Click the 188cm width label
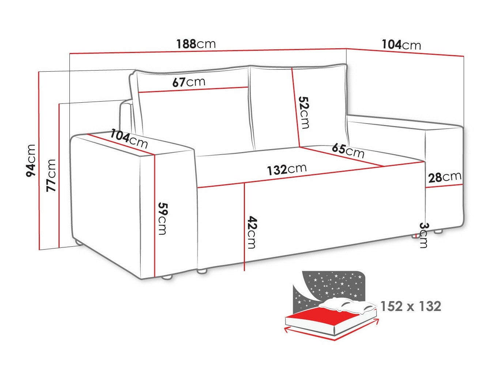(196, 44)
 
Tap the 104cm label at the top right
(401, 45)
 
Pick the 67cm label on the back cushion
(189, 82)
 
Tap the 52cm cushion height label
(304, 113)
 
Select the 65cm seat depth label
(348, 151)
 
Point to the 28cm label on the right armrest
(445, 177)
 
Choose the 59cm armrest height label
(162, 219)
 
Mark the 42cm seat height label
(252, 232)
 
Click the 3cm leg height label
(423, 235)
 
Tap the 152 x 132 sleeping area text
(411, 306)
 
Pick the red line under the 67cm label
(193, 90)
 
